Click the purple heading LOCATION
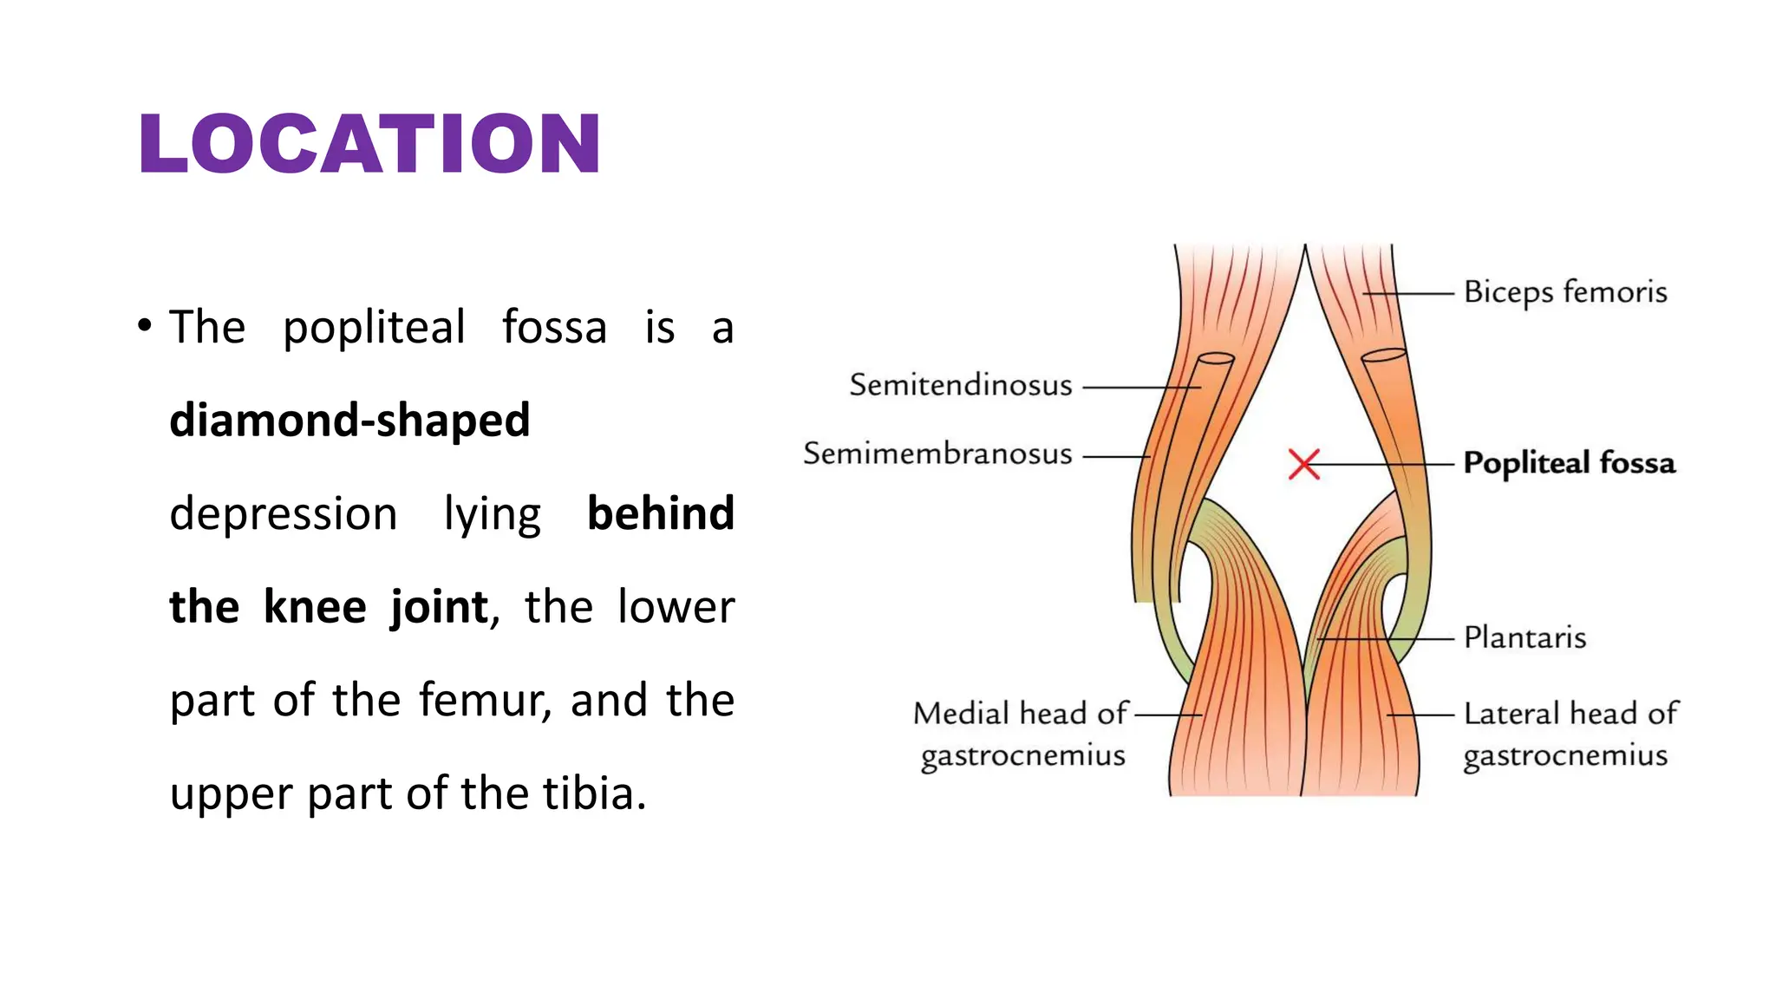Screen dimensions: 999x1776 [369, 144]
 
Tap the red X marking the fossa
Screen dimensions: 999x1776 [1303, 464]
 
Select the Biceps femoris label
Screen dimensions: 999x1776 [1565, 292]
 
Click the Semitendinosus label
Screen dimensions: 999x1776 [960, 385]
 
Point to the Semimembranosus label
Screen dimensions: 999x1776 [937, 454]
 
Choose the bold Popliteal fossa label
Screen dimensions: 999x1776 [1569, 463]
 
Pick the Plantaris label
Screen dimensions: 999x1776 [1525, 638]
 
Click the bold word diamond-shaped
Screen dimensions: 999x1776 [349, 421]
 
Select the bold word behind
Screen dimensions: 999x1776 [661, 513]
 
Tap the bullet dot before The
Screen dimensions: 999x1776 [145, 327]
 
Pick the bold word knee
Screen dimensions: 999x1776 [315, 607]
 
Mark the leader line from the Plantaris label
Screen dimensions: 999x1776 [1387, 639]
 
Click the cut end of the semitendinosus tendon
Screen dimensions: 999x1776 [1216, 358]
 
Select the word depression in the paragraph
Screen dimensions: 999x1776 [283, 513]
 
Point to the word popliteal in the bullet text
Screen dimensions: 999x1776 [374, 328]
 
